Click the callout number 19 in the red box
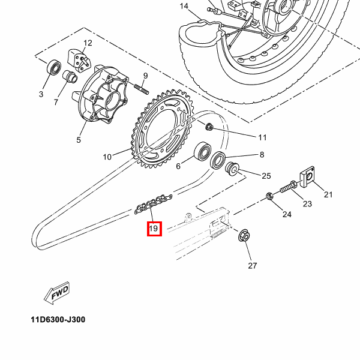[x=154, y=229]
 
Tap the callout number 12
[x=88, y=43]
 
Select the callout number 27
[x=253, y=266]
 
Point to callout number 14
[x=184, y=6]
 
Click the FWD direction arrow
[x=57, y=293]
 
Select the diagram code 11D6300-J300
[x=58, y=319]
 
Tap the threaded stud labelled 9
[x=142, y=89]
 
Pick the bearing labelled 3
[x=54, y=67]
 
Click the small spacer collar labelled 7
[x=70, y=76]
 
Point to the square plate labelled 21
[x=307, y=177]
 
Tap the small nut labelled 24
[x=269, y=197]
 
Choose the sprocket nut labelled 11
[x=209, y=127]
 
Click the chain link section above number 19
[x=153, y=204]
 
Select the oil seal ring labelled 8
[x=218, y=160]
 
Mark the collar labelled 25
[x=232, y=169]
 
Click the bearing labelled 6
[x=203, y=151]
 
